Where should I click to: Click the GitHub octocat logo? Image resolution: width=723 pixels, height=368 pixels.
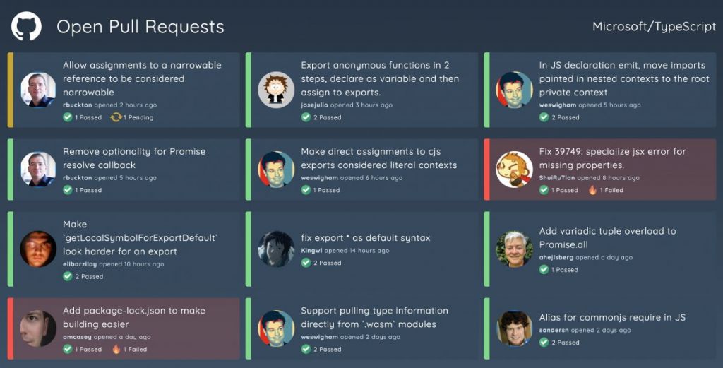tap(26, 26)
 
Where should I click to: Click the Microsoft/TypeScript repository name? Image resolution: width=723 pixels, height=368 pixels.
tap(655, 27)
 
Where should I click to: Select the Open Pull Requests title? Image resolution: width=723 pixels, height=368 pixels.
tap(141, 27)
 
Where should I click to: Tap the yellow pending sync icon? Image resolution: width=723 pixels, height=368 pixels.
tap(116, 117)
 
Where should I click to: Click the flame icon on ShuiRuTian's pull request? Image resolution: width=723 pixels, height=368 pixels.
tap(592, 190)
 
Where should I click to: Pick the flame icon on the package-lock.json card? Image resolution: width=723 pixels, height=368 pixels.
tap(116, 349)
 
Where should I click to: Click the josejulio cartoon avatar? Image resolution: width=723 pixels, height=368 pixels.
tap(276, 90)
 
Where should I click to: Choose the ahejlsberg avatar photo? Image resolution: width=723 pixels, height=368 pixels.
tap(514, 249)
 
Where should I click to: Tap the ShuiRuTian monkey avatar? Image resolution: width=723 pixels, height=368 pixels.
tap(514, 170)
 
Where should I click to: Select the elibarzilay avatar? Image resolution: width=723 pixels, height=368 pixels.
tap(38, 249)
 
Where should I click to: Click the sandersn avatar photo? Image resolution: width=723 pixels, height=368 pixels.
tap(514, 328)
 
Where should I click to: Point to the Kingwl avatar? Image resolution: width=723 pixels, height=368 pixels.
tap(276, 249)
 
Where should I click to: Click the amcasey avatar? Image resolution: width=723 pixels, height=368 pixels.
tap(38, 328)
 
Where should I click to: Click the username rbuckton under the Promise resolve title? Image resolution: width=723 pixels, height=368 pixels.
tap(78, 177)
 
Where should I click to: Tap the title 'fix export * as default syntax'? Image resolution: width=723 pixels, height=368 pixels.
tap(366, 238)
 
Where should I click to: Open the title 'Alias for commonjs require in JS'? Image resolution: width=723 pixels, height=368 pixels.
tap(612, 317)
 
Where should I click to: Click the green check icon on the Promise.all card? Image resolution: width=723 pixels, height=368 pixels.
tap(544, 270)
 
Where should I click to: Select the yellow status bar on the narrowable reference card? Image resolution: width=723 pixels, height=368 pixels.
tap(11, 90)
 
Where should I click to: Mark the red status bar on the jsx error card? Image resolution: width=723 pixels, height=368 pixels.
tap(487, 170)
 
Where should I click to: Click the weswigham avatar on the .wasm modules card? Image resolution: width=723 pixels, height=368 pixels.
tap(276, 328)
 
